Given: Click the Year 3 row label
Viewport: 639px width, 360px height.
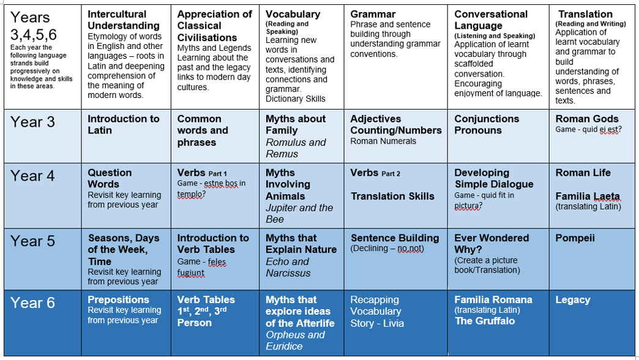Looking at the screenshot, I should tap(32, 122).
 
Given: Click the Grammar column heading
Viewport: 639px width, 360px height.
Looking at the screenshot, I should tap(373, 14).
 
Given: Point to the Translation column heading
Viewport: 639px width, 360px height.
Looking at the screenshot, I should tap(585, 14).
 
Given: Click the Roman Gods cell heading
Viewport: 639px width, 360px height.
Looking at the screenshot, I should tap(587, 119).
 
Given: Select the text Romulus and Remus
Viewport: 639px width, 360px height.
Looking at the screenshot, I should tap(296, 148).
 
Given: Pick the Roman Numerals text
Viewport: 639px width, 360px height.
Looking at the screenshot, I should tap(383, 141).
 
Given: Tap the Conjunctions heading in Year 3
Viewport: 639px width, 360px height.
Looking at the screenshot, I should tap(487, 119).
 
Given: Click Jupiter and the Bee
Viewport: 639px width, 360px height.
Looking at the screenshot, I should tap(299, 214).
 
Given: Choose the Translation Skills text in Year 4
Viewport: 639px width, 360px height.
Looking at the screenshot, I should tap(392, 197).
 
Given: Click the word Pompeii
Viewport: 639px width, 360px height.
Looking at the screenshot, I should tap(575, 238).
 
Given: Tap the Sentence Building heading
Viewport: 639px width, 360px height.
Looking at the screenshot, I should tap(395, 238).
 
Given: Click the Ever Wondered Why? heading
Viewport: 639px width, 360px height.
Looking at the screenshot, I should tap(491, 244).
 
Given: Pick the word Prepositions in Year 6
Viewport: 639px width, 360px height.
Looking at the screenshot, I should tap(118, 299).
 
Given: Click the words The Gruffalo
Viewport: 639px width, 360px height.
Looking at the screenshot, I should tap(485, 321).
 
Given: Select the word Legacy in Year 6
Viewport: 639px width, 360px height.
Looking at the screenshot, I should tap(573, 299).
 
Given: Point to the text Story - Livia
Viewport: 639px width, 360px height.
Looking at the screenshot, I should tap(377, 323).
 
